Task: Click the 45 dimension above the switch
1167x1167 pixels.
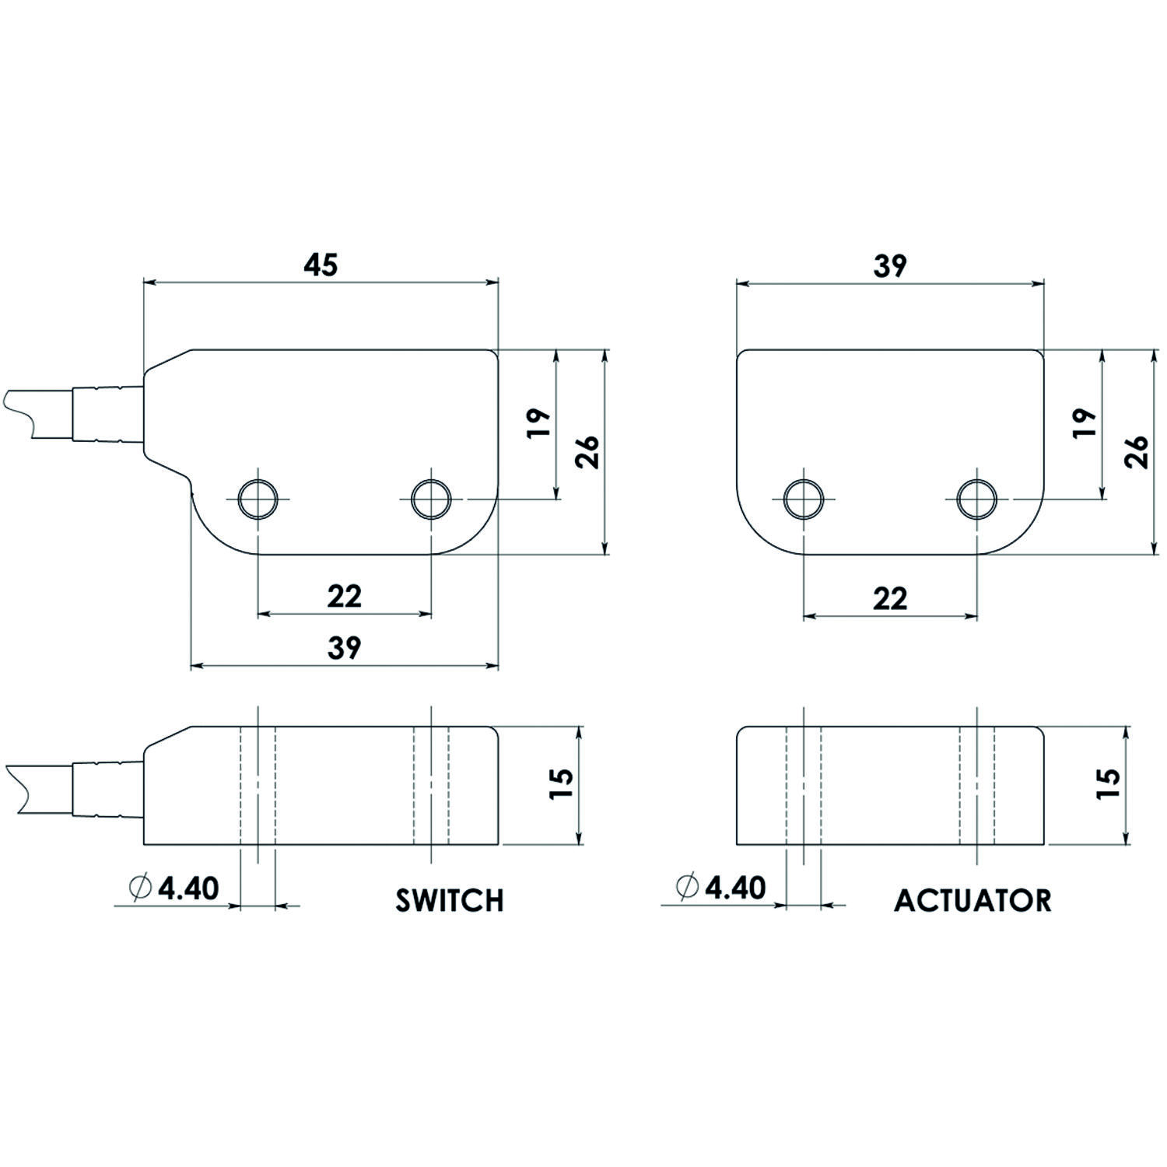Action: pyautogui.click(x=321, y=265)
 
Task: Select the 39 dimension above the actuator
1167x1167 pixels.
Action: pyautogui.click(x=889, y=265)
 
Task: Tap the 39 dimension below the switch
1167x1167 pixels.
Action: pyautogui.click(x=344, y=647)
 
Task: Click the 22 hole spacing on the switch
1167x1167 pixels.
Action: pyautogui.click(x=344, y=597)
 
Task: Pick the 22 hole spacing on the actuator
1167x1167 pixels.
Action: pyautogui.click(x=889, y=598)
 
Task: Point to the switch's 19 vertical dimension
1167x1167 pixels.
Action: pyautogui.click(x=539, y=422)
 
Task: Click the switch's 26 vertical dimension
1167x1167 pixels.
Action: pyautogui.click(x=588, y=451)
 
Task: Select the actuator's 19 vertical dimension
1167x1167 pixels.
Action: pyautogui.click(x=1085, y=422)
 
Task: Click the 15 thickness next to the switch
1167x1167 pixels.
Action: pyautogui.click(x=562, y=784)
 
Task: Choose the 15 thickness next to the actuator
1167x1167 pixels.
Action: pyautogui.click(x=1108, y=784)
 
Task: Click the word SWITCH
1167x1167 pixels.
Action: pyautogui.click(x=450, y=900)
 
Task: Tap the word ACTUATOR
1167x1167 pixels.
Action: pyautogui.click(x=972, y=900)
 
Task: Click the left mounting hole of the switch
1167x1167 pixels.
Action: pyautogui.click(x=258, y=499)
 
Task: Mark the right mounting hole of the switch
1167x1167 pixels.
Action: pyautogui.click(x=431, y=499)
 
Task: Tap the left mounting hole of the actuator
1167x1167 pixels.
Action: pyautogui.click(x=804, y=499)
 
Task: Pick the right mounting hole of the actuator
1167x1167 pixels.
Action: pyautogui.click(x=977, y=499)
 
